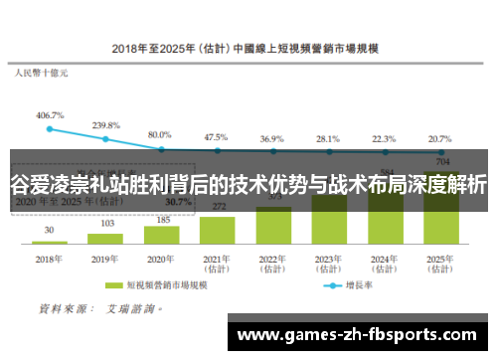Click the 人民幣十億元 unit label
click(41, 73)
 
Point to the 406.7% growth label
click(50, 115)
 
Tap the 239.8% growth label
click(105, 125)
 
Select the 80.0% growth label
click(160, 133)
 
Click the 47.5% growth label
click(216, 136)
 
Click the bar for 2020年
click(161, 235)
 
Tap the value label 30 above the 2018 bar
click(50, 231)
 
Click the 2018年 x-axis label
click(50, 257)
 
